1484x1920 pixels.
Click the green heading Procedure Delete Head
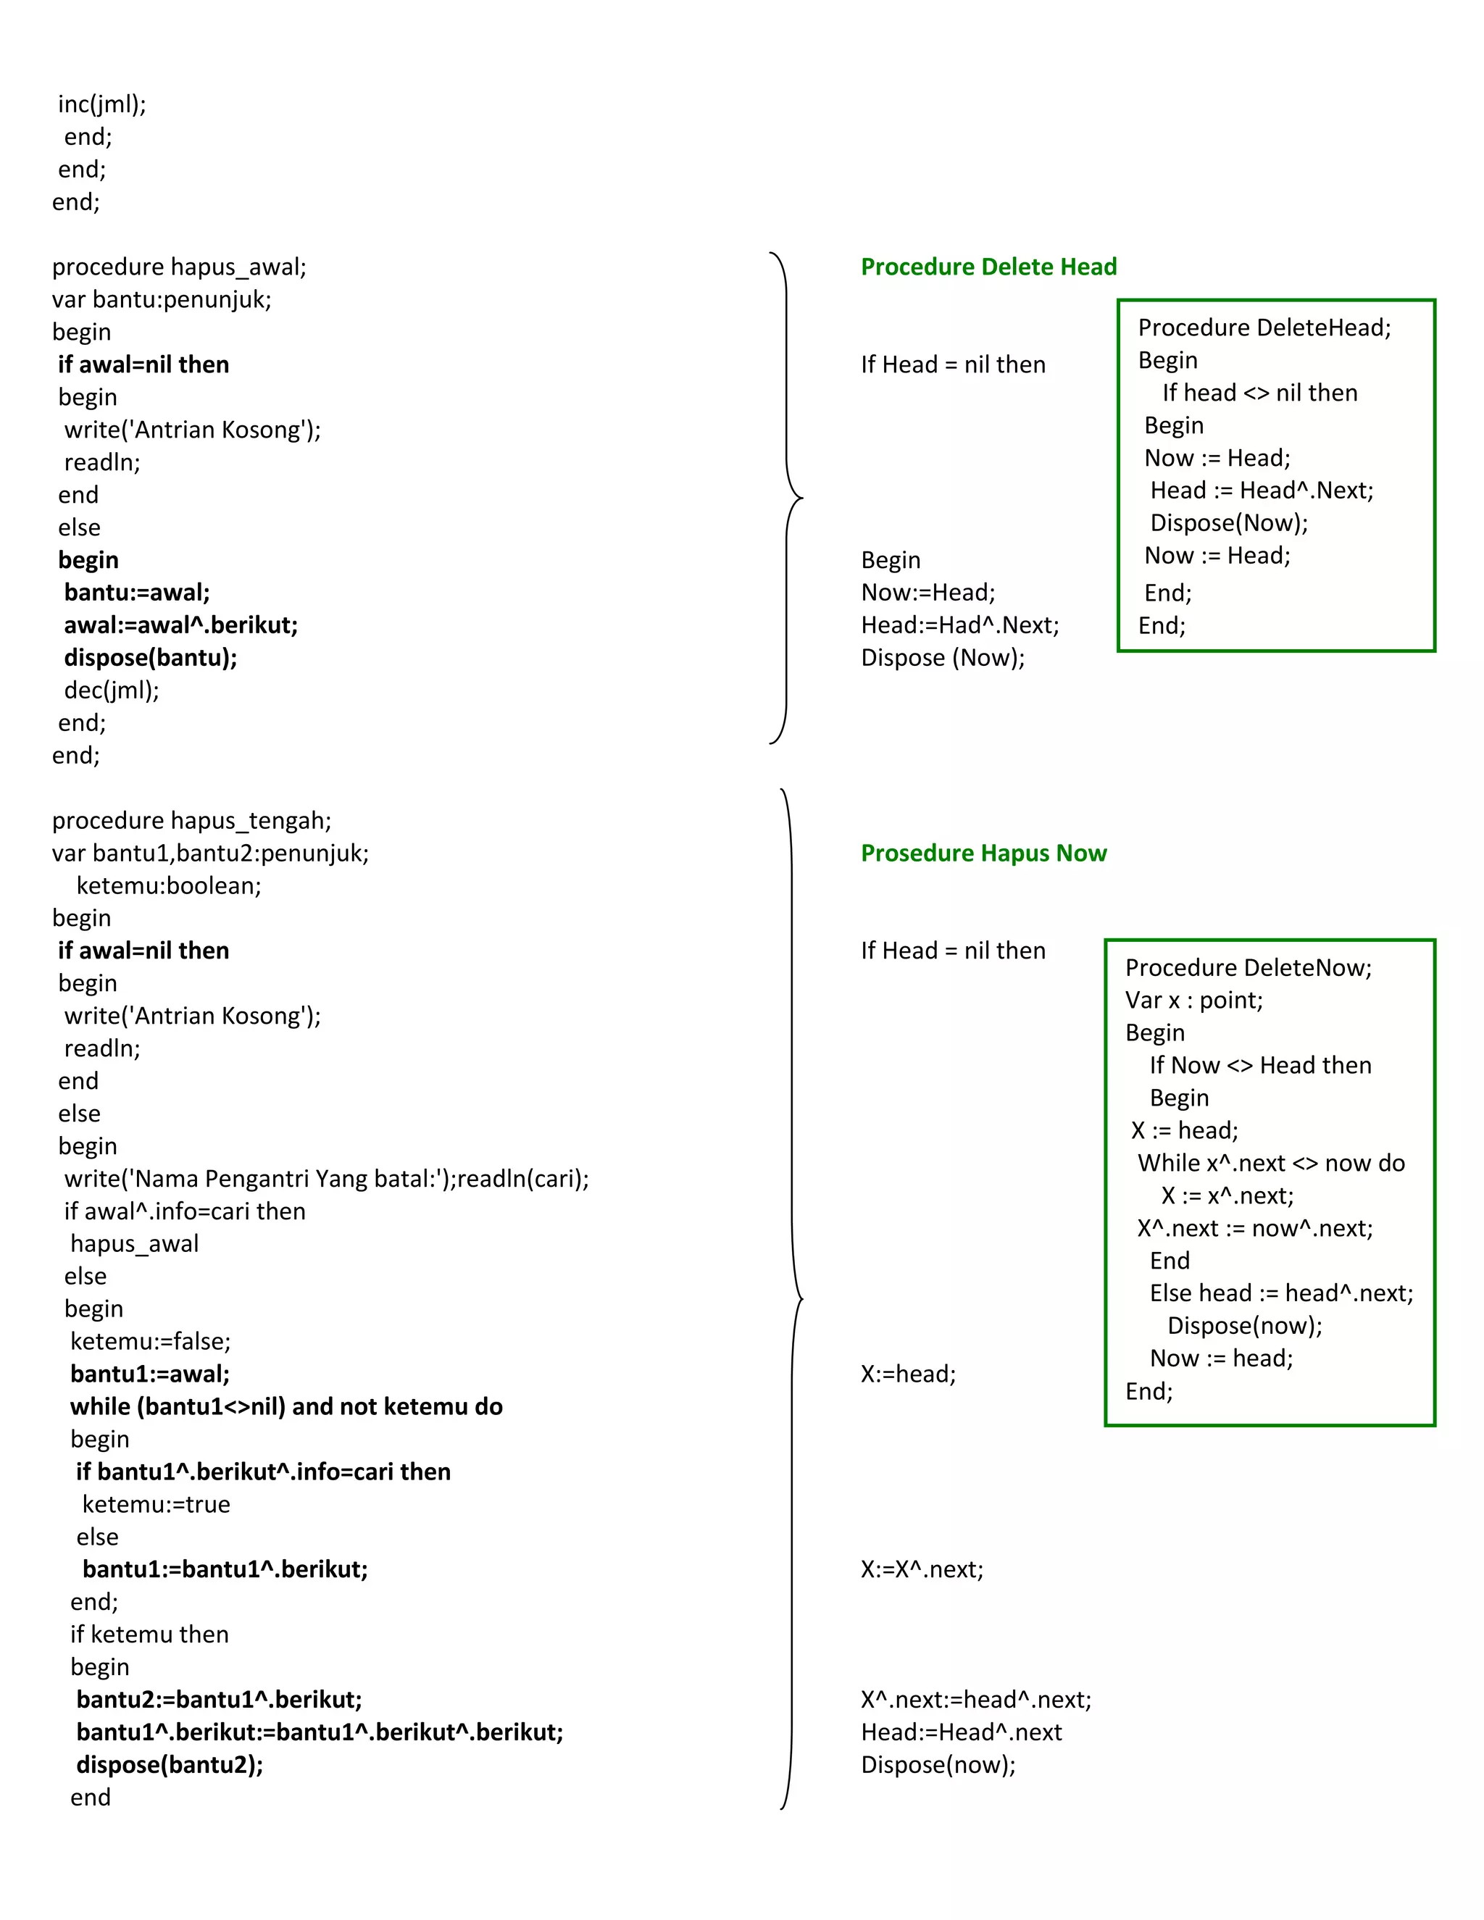click(988, 267)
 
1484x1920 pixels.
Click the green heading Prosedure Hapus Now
click(983, 853)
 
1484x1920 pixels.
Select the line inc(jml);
click(102, 104)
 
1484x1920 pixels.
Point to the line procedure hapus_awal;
click(180, 267)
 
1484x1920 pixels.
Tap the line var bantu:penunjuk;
click(162, 299)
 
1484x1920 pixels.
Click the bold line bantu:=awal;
click(137, 593)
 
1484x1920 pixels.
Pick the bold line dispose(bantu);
click(150, 658)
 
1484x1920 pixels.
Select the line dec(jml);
click(112, 690)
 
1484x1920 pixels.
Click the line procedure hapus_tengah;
click(191, 820)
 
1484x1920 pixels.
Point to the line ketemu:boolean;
click(169, 885)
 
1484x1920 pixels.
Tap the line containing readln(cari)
click(326, 1178)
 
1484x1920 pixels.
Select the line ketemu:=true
click(157, 1504)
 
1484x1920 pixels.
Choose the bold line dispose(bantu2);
click(170, 1764)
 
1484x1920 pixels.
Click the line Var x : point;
click(1194, 1000)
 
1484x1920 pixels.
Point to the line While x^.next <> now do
click(1271, 1162)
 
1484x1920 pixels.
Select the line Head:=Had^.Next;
click(960, 625)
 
